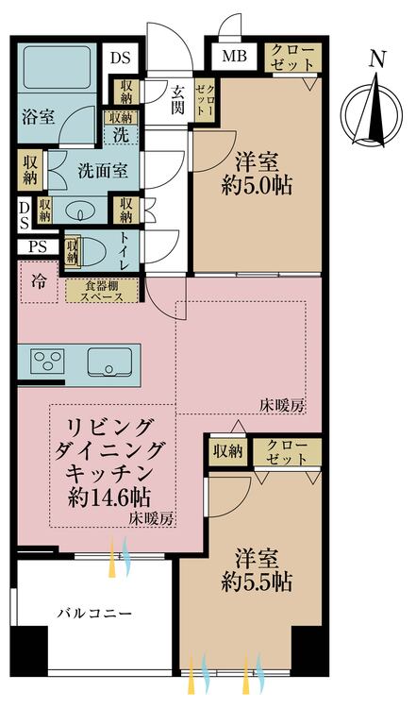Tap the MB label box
pos(233,56)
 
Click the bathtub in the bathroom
pos(56,71)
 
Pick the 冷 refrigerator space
pos(39,280)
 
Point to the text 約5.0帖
pos(257,185)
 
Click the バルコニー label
pos(91,614)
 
